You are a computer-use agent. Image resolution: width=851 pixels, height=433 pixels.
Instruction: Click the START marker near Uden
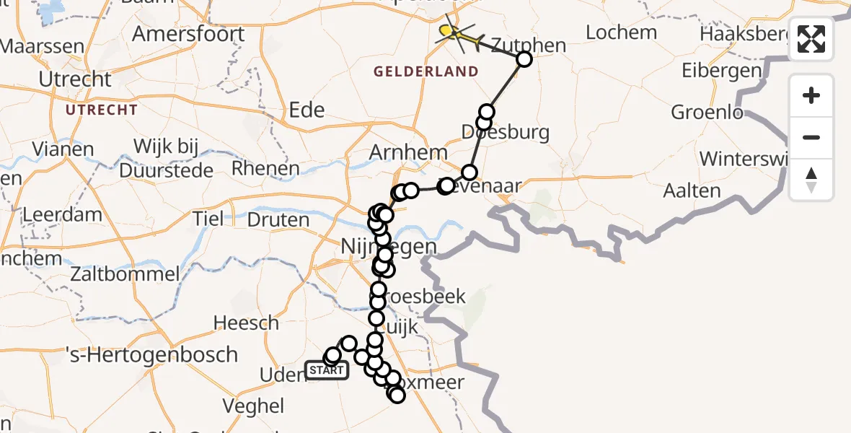327,370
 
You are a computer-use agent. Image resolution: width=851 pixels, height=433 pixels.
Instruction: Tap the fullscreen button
811,39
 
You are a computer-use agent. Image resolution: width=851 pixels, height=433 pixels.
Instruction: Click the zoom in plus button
811,95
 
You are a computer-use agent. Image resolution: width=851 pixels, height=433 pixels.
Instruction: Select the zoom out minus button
811,137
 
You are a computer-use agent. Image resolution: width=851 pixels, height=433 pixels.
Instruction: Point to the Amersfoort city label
188,35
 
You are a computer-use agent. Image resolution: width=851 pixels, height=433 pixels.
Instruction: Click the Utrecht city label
75,79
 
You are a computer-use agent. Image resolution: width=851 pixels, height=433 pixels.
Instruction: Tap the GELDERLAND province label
425,71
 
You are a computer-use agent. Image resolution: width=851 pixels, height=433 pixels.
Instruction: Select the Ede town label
306,110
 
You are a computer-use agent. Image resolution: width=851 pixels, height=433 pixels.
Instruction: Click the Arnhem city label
408,154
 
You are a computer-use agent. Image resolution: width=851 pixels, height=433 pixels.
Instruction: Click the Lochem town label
621,32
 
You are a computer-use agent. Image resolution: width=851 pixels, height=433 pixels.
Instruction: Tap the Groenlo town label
707,113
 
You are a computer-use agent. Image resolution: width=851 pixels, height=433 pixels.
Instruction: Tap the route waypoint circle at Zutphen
524,60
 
